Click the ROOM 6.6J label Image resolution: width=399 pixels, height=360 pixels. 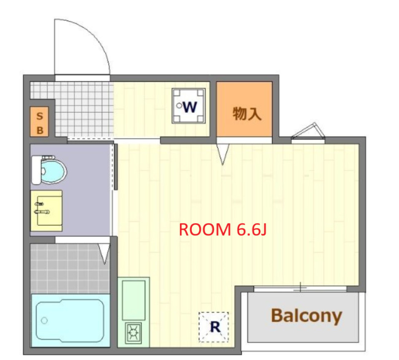tap(223, 229)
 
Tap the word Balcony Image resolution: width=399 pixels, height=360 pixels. tap(306, 315)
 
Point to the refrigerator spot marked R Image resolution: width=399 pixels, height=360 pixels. tap(214, 326)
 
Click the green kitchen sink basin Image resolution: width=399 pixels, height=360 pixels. tap(133, 300)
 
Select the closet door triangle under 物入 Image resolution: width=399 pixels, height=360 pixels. tap(222, 154)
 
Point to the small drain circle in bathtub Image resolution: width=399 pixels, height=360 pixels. tap(45, 320)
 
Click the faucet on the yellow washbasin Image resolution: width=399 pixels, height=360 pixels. tap(42, 211)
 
